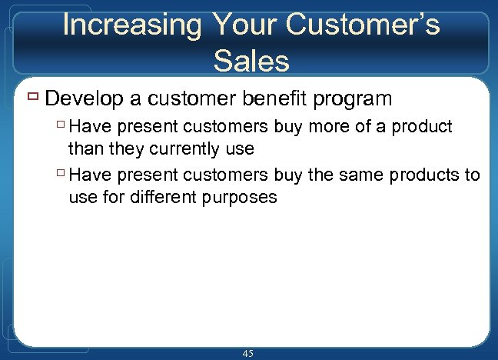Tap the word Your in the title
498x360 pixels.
pyautogui.click(x=239, y=25)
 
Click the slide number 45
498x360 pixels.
pyautogui.click(x=247, y=353)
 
